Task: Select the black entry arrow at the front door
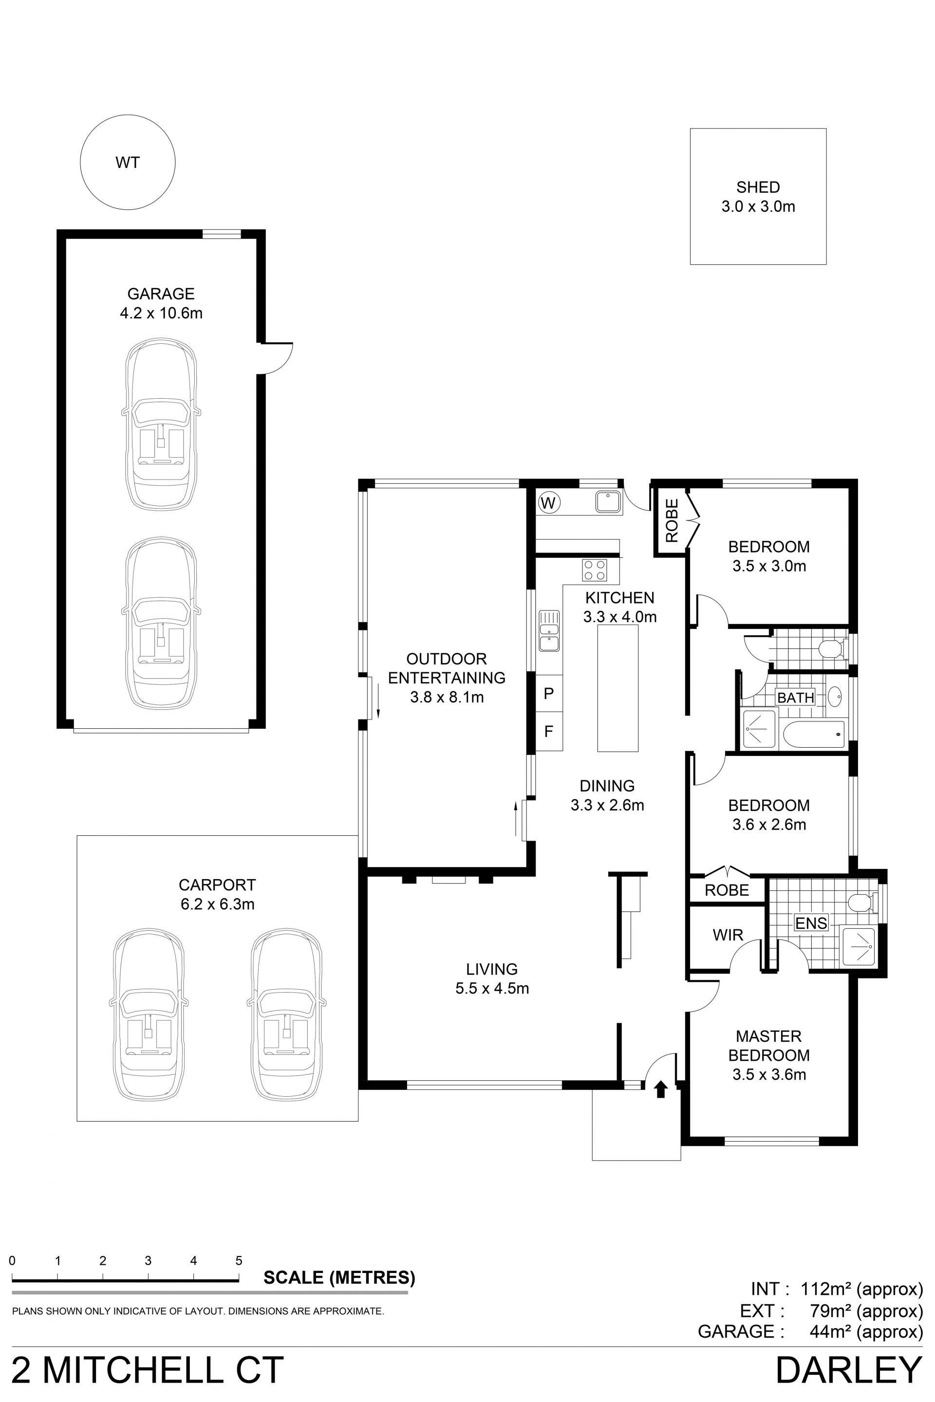[x=660, y=1089]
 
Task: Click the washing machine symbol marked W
[x=548, y=503]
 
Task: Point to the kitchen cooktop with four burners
[x=595, y=569]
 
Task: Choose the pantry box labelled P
[x=549, y=693]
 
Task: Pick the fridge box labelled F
[x=549, y=731]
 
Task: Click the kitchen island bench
[x=618, y=687]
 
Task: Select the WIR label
[x=728, y=935]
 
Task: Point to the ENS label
[x=811, y=923]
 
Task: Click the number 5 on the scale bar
[x=239, y=1261]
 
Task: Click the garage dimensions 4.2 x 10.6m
[x=161, y=313]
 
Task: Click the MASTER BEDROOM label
[x=768, y=1046]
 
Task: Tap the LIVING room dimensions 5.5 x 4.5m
[x=492, y=988]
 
